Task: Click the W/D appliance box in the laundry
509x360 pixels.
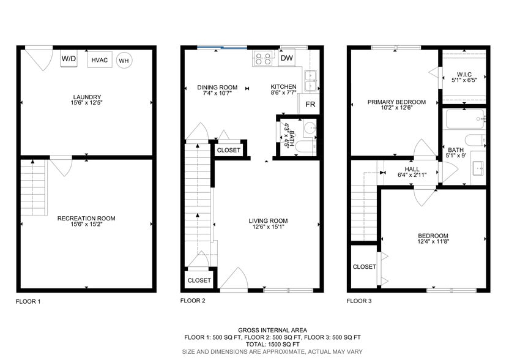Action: (x=69, y=59)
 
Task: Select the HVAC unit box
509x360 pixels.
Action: (x=100, y=60)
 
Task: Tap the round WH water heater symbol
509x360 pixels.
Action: (x=124, y=60)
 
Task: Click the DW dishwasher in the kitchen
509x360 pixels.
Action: (x=286, y=58)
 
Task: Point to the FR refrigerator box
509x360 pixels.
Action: (x=310, y=105)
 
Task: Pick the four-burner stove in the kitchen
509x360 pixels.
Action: (x=263, y=59)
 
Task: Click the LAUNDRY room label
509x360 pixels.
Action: (x=86, y=97)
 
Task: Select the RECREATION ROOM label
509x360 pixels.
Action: (x=86, y=218)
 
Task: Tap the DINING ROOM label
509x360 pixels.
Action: (x=217, y=87)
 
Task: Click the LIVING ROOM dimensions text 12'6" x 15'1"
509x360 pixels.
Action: (x=268, y=227)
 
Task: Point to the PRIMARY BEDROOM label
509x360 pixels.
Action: (x=396, y=102)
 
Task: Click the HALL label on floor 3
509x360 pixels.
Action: (x=411, y=170)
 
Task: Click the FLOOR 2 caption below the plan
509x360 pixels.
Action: (x=193, y=301)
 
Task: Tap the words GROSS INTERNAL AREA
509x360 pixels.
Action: (x=272, y=330)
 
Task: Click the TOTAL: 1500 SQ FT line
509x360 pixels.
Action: (x=272, y=345)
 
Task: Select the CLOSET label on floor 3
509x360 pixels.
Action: (x=364, y=267)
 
